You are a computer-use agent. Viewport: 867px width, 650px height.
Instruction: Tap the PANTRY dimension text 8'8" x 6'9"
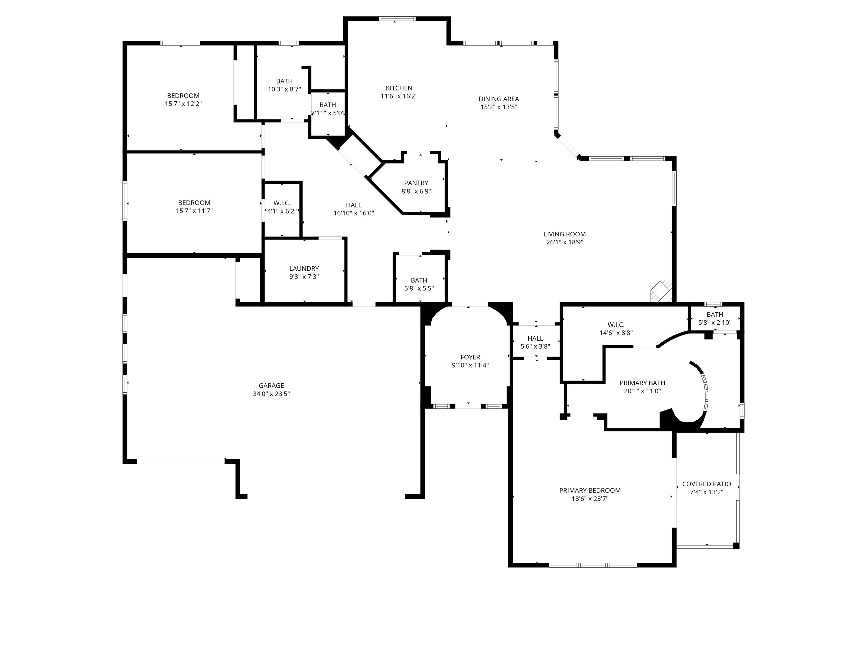coord(416,191)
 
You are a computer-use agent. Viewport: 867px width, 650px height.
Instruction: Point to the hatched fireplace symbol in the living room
coord(662,291)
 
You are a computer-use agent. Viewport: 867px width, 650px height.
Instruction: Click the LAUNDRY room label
coord(304,268)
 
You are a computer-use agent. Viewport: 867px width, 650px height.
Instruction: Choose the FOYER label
coord(470,357)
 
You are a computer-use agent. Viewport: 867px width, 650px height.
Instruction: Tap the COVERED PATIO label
coord(706,484)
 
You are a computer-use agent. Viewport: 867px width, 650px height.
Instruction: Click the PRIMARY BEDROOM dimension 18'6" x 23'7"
coord(590,499)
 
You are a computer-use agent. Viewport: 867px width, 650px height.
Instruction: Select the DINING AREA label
coord(499,99)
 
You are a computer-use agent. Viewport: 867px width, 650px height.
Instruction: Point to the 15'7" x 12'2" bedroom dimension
coord(183,104)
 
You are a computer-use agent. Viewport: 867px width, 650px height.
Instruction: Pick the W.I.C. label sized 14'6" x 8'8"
coord(616,324)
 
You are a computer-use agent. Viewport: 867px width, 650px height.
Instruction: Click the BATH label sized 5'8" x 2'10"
coord(714,314)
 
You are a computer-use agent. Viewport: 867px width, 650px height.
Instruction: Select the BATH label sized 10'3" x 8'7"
coord(284,81)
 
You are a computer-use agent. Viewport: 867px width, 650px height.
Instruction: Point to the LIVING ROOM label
coord(564,234)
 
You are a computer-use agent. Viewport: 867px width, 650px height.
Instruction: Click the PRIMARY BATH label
coord(642,383)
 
